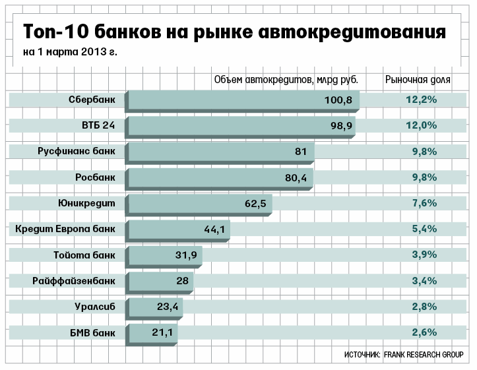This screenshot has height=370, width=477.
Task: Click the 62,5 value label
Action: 255,203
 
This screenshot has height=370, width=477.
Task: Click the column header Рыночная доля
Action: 418,80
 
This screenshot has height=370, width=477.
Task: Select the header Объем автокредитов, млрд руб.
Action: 286,80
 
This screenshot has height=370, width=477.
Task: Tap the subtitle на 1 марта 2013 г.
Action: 70,52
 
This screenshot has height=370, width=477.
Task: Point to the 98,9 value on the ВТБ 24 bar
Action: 340,125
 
